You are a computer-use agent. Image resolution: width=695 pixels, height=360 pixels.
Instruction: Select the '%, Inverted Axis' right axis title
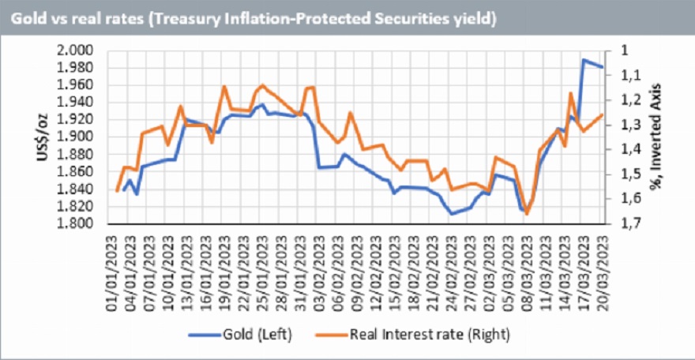pyautogui.click(x=655, y=137)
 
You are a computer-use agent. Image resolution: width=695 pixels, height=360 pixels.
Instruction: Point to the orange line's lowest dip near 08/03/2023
pyautogui.click(x=527, y=214)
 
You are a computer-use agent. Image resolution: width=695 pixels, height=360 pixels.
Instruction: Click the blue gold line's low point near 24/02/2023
pyautogui.click(x=452, y=214)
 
